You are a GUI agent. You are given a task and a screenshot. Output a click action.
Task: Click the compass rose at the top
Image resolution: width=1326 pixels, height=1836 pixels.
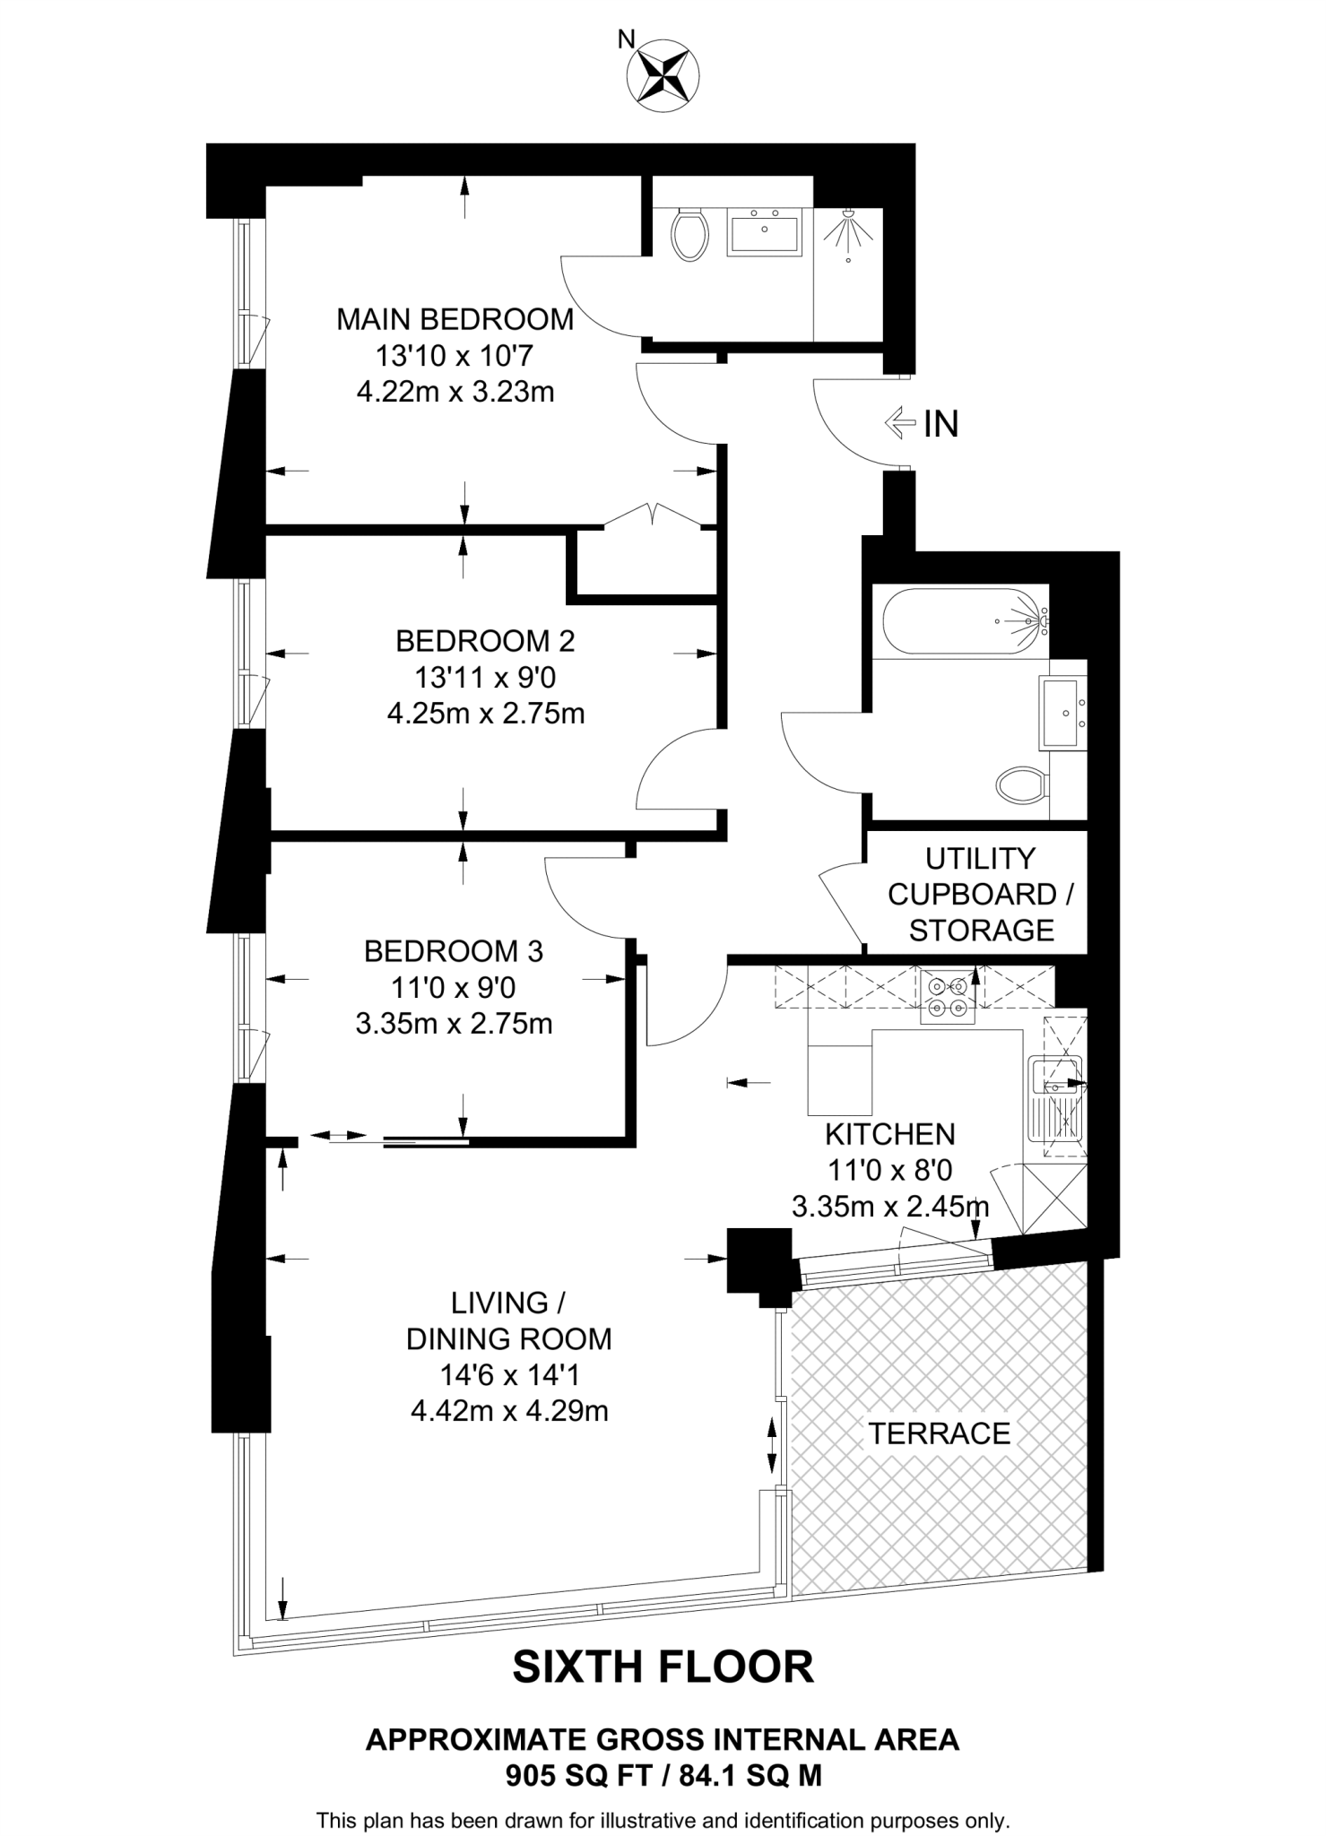click(x=664, y=76)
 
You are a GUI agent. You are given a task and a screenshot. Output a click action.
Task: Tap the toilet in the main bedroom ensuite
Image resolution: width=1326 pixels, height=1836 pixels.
click(x=689, y=234)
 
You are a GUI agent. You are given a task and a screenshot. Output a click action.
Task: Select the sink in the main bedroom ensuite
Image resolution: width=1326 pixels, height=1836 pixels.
click(x=764, y=232)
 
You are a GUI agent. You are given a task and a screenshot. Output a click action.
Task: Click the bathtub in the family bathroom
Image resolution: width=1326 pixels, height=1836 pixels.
click(x=965, y=620)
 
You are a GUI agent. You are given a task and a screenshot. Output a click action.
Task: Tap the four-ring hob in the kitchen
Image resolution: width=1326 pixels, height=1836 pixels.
click(x=948, y=997)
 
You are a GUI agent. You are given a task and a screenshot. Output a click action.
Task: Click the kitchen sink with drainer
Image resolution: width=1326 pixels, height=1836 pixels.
click(x=1057, y=1104)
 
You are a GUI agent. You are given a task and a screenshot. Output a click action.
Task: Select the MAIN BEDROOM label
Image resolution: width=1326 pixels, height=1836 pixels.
click(x=455, y=319)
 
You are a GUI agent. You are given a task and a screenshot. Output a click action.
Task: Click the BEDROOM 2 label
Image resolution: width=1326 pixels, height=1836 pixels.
click(x=485, y=641)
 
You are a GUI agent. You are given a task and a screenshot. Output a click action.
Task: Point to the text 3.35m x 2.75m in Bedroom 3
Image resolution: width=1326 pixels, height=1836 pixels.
click(x=454, y=1024)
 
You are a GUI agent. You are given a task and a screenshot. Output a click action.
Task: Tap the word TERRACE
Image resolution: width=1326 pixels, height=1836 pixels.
click(x=939, y=1433)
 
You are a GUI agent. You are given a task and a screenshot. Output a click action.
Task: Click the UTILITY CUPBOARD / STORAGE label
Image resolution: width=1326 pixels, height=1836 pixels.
click(x=980, y=894)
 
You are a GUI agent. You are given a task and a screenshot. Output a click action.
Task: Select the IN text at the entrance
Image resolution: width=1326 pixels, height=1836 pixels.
click(x=941, y=424)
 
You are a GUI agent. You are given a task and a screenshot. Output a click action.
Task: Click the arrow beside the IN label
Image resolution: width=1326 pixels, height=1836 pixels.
click(x=899, y=422)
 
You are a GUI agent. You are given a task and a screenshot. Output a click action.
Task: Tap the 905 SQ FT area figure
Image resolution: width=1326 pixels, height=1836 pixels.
click(x=576, y=1776)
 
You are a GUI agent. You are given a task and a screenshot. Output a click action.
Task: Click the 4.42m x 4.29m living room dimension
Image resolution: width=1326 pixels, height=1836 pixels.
click(x=509, y=1411)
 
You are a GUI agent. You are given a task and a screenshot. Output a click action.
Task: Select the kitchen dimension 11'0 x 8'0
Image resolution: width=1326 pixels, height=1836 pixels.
click(x=889, y=1170)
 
